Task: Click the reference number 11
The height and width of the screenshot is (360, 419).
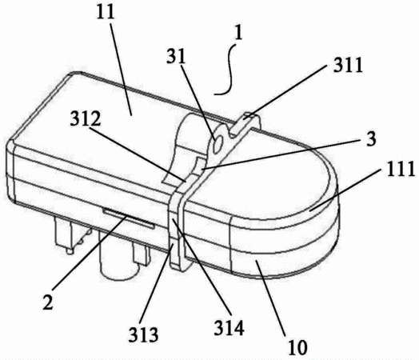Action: click(x=106, y=12)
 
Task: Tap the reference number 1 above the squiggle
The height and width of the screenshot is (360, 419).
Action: click(x=238, y=34)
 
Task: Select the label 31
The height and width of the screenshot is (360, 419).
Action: click(x=176, y=57)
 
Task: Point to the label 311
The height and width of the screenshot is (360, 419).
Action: click(x=348, y=65)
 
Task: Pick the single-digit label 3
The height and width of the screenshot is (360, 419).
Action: click(x=371, y=138)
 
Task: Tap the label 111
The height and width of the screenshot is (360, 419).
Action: click(x=401, y=169)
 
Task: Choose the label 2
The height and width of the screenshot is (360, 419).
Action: click(x=48, y=302)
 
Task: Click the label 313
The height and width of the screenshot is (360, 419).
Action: click(x=143, y=334)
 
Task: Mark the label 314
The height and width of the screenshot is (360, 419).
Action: click(x=229, y=327)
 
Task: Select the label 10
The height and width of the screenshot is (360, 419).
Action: click(x=297, y=347)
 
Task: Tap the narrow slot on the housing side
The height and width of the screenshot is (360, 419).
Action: click(x=129, y=218)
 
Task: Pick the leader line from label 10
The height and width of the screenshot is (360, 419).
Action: click(x=269, y=297)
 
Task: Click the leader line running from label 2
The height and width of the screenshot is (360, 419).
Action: click(x=90, y=254)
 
